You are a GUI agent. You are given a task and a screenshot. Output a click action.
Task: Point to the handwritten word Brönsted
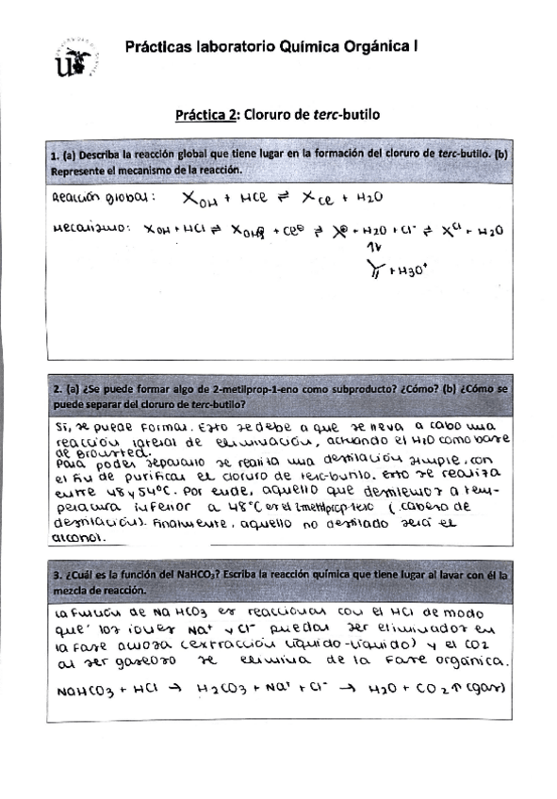click(97, 452)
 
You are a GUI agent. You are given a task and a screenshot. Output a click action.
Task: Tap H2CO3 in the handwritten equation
click(225, 690)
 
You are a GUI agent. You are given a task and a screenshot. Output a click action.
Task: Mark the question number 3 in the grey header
click(57, 574)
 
